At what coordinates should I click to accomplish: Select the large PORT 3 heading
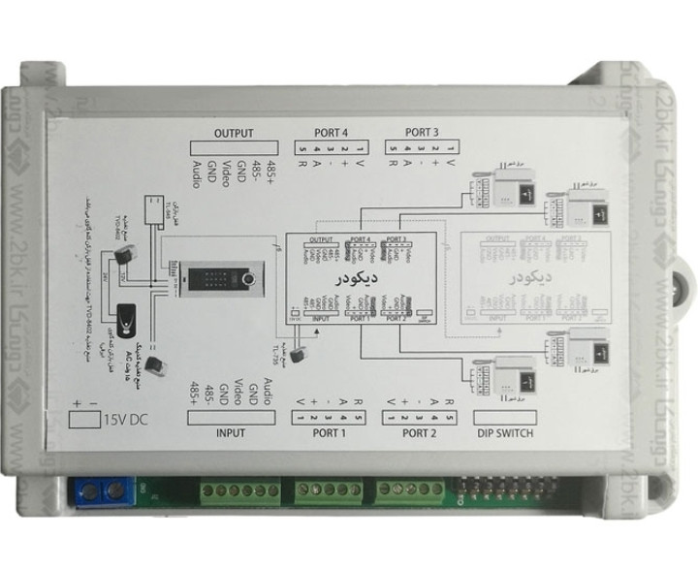click(423, 133)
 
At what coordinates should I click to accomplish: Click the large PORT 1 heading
click(330, 432)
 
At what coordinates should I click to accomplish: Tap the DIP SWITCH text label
click(507, 432)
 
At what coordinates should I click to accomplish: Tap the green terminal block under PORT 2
click(402, 491)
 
